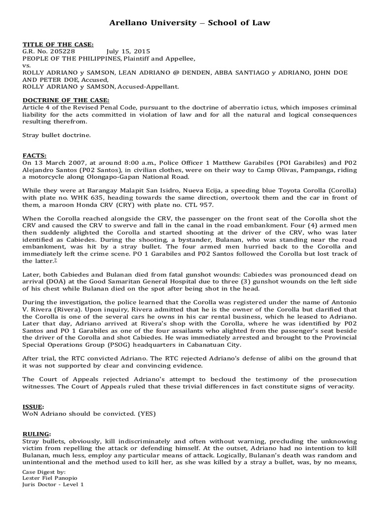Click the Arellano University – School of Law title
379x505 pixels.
[x=189, y=23]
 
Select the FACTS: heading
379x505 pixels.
[x=34, y=155]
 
